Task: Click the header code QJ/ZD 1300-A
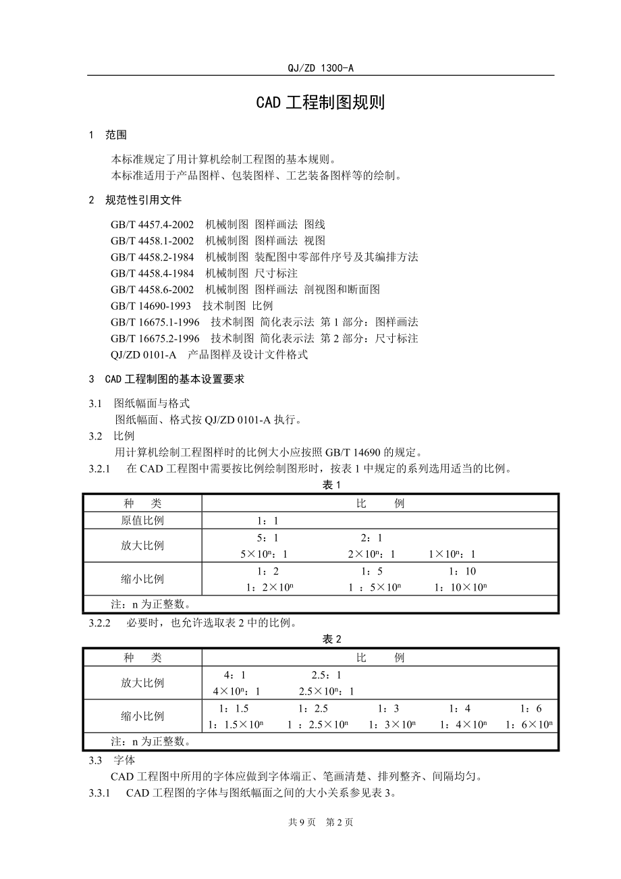pos(321,68)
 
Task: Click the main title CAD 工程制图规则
pos(321,102)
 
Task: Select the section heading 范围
pos(115,135)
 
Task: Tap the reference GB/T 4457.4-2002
pos(152,224)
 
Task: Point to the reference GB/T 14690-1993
pos(151,306)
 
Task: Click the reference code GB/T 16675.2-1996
pos(155,338)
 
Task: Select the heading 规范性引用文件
pos(143,200)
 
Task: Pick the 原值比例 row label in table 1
pos(142,521)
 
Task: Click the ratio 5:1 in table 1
pos(267,538)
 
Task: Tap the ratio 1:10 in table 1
pos(462,571)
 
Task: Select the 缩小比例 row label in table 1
pos(142,579)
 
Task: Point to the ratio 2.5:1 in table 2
pos(327,674)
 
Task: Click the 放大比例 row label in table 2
pos(142,683)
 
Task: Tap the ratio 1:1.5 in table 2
pos(234,708)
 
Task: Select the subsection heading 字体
pos(124,760)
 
